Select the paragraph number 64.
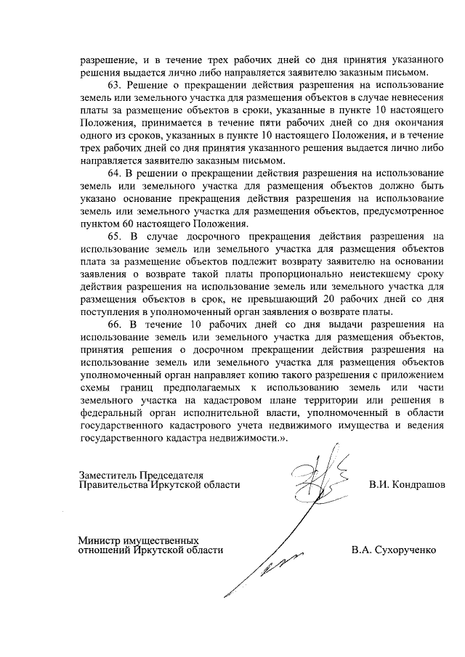point(116,174)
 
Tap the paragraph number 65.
point(116,236)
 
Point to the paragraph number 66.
point(116,324)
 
